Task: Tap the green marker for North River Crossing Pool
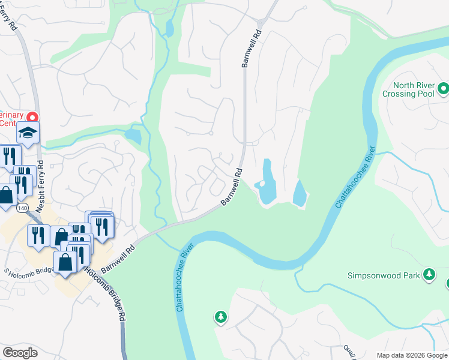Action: (x=444, y=89)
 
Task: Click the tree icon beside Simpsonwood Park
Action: (x=429, y=274)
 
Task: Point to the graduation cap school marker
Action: (x=28, y=132)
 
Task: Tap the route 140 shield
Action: (x=23, y=208)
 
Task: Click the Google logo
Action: (x=20, y=353)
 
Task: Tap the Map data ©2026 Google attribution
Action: (x=412, y=355)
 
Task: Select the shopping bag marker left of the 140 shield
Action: (x=7, y=195)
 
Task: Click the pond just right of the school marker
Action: (x=133, y=136)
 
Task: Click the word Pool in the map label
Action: (x=423, y=94)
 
